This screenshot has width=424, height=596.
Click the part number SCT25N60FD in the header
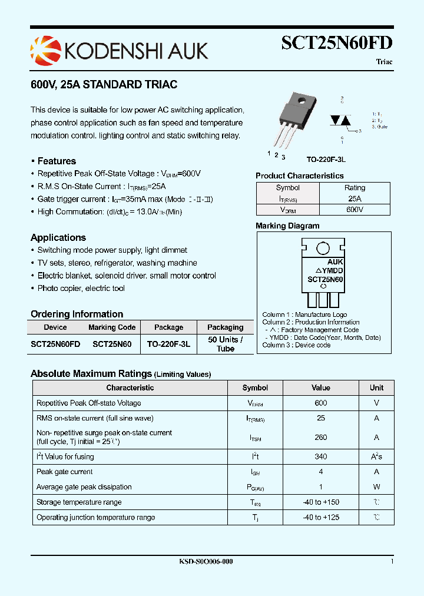pos(336,43)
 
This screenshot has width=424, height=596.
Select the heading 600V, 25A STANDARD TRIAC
pos(104,85)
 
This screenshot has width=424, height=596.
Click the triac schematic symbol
pos(341,120)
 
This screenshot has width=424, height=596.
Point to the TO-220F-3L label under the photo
pos(326,160)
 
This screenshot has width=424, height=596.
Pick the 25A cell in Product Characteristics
pos(355,199)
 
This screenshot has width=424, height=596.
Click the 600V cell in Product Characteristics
pos(355,210)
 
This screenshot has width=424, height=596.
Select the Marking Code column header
pos(112,327)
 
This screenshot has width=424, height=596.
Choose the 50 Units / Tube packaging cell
pos(225,344)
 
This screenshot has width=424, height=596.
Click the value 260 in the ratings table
pos(321,438)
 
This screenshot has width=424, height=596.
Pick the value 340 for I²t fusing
pos(321,456)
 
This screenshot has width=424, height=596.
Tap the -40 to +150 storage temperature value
pos(321,502)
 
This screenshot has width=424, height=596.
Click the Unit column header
pos(376,388)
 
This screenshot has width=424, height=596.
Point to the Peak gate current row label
pos(65,472)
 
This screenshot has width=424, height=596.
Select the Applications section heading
pos(58,238)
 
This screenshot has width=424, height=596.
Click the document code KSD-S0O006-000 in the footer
pos(206,562)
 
